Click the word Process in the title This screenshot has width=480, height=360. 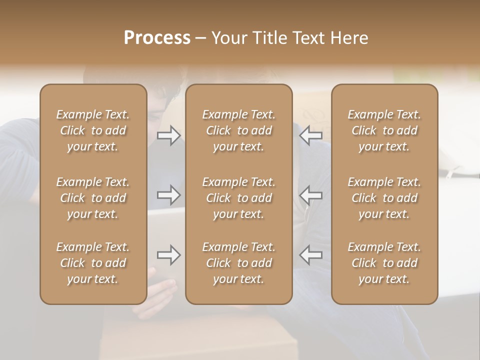pos(157,38)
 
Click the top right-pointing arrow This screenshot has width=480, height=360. pos(168,135)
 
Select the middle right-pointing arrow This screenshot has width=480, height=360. pos(168,194)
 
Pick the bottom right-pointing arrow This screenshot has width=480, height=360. pos(168,255)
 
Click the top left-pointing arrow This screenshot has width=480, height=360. pos(310,135)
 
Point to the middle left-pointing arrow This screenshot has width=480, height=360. pos(310,194)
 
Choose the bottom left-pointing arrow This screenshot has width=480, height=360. pos(310,255)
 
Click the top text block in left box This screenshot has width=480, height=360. pos(93,130)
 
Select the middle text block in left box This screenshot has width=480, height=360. pos(93,198)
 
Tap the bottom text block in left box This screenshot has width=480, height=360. pos(93,263)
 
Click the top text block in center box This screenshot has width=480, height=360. pos(238,130)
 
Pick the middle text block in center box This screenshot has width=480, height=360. pos(238,198)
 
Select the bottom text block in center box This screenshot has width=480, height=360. pos(238,263)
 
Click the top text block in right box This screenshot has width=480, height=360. pos(384,130)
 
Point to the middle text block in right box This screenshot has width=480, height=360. pos(384,198)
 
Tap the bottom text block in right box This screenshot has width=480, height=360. pos(384,263)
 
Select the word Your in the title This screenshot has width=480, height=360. pos(228,38)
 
